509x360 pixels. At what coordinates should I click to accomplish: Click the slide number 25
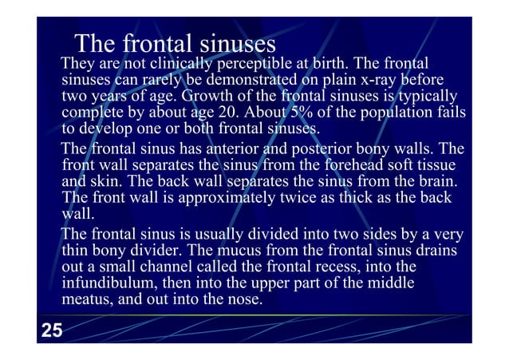[x=52, y=330]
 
